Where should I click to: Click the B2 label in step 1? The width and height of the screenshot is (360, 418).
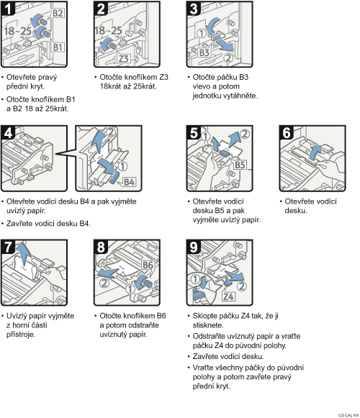tap(58, 14)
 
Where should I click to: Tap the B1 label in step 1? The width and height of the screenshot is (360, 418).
tap(58, 47)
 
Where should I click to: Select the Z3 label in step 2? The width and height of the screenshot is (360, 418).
tap(124, 58)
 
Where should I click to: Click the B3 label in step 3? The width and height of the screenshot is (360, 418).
tap(204, 53)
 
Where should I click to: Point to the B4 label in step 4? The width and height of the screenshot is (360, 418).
tap(129, 182)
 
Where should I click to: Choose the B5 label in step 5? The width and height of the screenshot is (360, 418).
tap(240, 165)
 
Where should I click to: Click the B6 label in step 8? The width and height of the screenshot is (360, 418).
tap(148, 265)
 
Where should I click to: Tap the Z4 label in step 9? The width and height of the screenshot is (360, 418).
tap(229, 296)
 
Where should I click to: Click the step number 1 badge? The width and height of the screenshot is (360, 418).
tap(8, 9)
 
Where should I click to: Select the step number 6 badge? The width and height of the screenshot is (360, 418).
tap(287, 133)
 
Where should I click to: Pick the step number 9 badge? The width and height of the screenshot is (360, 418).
tap(194, 247)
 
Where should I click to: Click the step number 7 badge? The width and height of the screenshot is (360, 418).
tap(8, 247)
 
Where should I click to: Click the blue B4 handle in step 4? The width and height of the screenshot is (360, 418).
tap(114, 178)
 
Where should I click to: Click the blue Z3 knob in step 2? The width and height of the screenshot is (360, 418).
tap(109, 45)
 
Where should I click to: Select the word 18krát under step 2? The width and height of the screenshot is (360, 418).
tap(111, 86)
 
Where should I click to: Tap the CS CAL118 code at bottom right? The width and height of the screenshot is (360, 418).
tap(348, 415)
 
